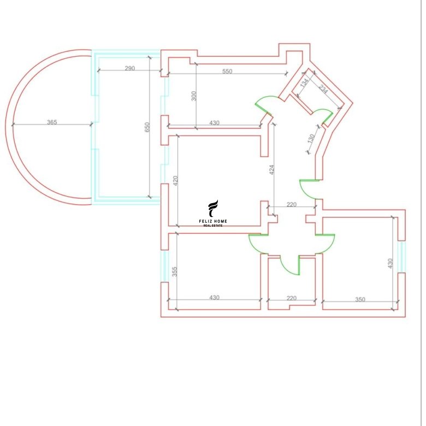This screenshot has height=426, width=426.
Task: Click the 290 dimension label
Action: click(x=129, y=68)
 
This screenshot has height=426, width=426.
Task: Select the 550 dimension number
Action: click(x=227, y=71)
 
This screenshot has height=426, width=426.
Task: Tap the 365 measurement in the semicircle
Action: click(x=52, y=122)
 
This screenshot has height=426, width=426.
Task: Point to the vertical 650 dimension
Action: click(x=147, y=127)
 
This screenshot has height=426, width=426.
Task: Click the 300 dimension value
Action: click(x=194, y=96)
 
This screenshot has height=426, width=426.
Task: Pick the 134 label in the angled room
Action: click(x=305, y=82)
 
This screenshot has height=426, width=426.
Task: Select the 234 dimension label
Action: click(x=323, y=89)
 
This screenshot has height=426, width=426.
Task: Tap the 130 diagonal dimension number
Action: click(x=311, y=139)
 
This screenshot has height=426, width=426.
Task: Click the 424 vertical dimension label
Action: click(x=271, y=169)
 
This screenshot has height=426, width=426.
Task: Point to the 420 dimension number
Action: click(x=175, y=181)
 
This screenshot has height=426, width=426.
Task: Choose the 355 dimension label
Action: click(x=175, y=271)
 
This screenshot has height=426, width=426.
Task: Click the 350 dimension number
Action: click(x=360, y=299)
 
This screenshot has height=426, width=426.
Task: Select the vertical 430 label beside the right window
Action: click(x=390, y=263)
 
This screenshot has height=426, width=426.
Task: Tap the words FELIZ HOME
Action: click(x=213, y=221)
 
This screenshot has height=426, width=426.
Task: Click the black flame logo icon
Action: click(x=213, y=209)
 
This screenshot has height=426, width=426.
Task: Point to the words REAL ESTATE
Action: click(x=213, y=226)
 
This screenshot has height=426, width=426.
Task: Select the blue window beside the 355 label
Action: click(x=164, y=266)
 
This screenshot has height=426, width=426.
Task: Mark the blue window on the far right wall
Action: click(x=401, y=257)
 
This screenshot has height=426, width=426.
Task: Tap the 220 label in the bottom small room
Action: click(x=292, y=298)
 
